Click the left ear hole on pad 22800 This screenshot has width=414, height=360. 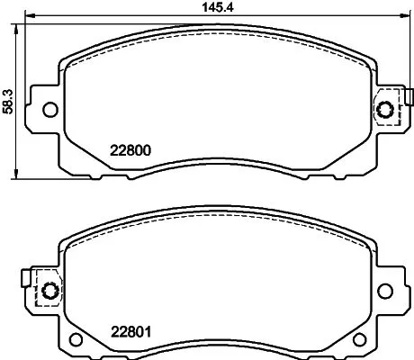49,110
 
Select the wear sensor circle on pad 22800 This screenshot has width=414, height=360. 387,110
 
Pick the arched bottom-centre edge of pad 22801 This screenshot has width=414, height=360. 219,340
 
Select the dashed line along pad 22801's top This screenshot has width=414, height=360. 219,220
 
